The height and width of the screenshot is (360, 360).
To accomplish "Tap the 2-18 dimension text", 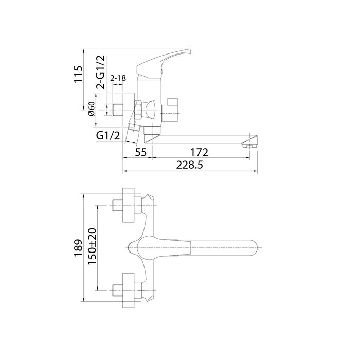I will [119, 78].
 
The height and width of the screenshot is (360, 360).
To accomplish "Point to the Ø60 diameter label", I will [92, 109].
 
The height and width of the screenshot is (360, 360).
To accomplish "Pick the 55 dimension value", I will [141, 152].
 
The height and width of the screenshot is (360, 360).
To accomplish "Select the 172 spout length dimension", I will [198, 152].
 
